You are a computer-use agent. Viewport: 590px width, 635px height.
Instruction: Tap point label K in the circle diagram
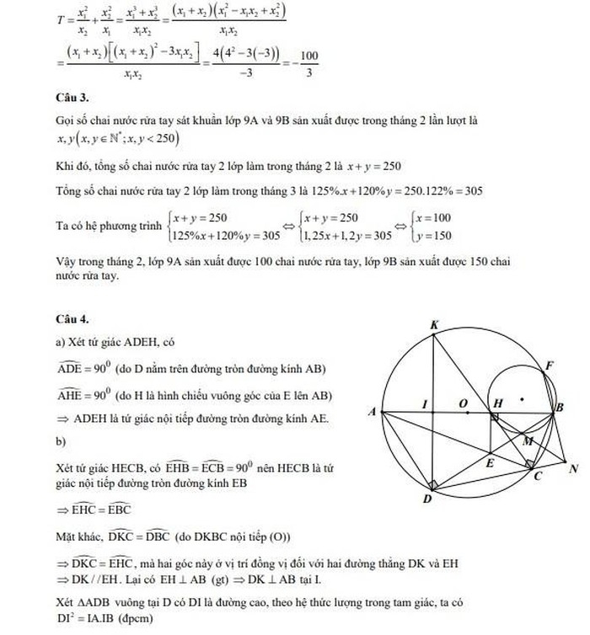(434, 324)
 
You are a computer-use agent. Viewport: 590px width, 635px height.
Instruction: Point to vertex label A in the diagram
(373, 411)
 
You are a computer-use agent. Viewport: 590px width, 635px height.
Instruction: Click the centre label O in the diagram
(463, 403)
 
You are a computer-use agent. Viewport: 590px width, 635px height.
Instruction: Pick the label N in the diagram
(574, 468)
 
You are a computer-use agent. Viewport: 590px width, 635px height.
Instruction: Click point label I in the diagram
(427, 403)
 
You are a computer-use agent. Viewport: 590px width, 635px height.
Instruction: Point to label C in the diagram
(538, 477)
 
